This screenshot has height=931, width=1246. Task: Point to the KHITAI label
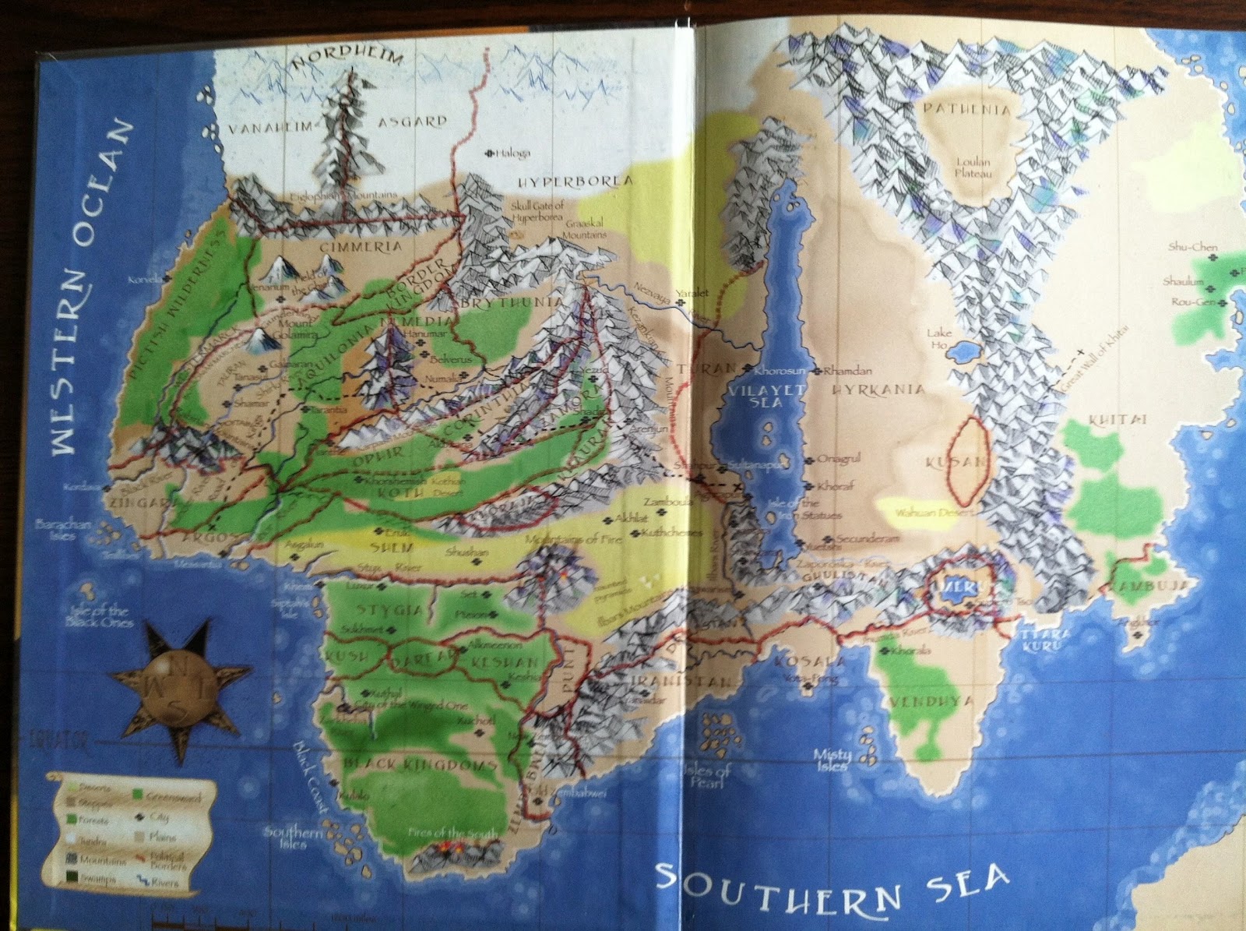(1118, 420)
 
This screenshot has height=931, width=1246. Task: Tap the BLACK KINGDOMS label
(421, 763)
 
